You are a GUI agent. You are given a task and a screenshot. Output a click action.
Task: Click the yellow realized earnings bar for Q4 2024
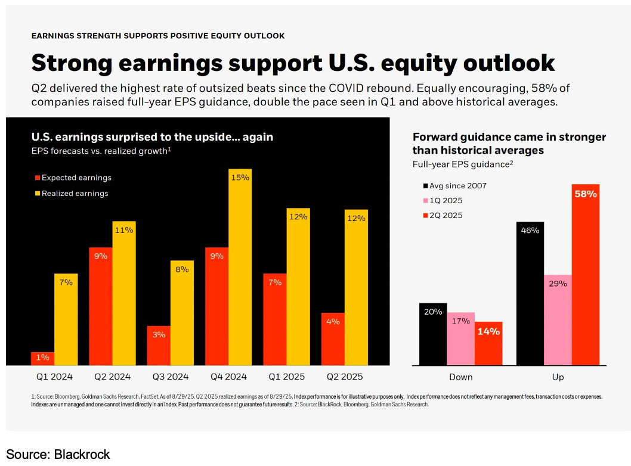coord(240,267)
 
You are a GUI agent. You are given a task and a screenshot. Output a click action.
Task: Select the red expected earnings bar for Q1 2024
coord(43,359)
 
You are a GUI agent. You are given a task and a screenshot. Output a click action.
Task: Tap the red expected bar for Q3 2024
coord(159,346)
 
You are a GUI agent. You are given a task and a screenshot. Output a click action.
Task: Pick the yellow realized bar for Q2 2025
coord(356,287)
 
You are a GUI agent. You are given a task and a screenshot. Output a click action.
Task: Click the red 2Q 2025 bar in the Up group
coord(586,275)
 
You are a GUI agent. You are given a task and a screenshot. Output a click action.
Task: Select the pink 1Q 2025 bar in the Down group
coord(461,338)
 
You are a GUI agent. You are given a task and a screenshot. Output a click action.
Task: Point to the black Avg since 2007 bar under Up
coord(530,294)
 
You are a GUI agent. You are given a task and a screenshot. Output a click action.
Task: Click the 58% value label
coord(586,194)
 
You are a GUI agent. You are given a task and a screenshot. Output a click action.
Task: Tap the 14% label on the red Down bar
coord(488,331)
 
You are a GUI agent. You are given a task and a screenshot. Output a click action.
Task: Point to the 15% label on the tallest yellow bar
coord(240,178)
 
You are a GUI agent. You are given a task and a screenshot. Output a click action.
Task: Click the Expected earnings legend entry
coord(73,178)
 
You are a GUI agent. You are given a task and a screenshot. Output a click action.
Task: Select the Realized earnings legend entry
coord(72,194)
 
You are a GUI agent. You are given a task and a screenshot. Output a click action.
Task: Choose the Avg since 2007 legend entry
coord(454,186)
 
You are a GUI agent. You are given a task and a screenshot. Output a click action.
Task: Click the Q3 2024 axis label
coord(171,377)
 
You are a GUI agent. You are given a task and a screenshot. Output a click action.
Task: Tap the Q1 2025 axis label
coord(286,377)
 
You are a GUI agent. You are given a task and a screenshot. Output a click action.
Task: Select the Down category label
coord(461,377)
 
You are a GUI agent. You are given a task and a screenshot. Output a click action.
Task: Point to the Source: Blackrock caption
coord(58,454)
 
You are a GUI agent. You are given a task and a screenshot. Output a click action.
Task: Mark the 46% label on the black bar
coord(530,231)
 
